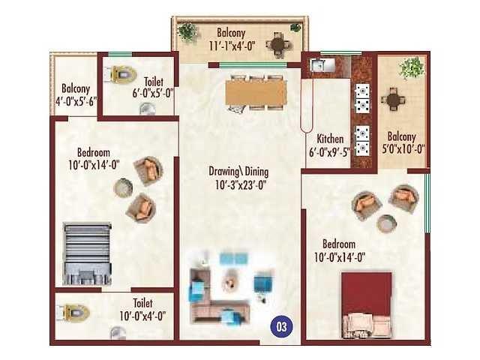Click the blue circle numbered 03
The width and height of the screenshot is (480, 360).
[x=281, y=327]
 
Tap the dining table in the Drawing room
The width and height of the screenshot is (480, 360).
[x=256, y=92]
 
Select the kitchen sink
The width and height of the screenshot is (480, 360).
[x=318, y=65]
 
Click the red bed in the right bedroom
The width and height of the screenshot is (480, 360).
[x=367, y=305]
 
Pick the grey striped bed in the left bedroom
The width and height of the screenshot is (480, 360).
[x=87, y=253]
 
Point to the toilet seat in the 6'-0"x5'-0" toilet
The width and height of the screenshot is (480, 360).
[x=120, y=74]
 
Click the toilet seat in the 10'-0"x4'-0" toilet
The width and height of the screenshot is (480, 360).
[x=73, y=313]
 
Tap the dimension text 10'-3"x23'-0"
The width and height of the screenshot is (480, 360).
[x=241, y=185]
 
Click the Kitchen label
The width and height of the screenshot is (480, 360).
[x=330, y=139]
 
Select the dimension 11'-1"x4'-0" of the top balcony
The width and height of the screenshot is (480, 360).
[x=232, y=46]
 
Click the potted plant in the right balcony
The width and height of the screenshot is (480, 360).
[x=412, y=67]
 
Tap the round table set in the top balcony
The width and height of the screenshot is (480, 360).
[x=278, y=45]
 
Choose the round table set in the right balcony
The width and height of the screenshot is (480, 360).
[x=393, y=99]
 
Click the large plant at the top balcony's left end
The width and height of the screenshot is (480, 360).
[x=187, y=31]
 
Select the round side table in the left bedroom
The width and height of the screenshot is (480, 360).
[x=123, y=187]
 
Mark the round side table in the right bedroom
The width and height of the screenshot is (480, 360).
[x=387, y=223]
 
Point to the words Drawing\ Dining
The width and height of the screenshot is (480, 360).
[x=238, y=172]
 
